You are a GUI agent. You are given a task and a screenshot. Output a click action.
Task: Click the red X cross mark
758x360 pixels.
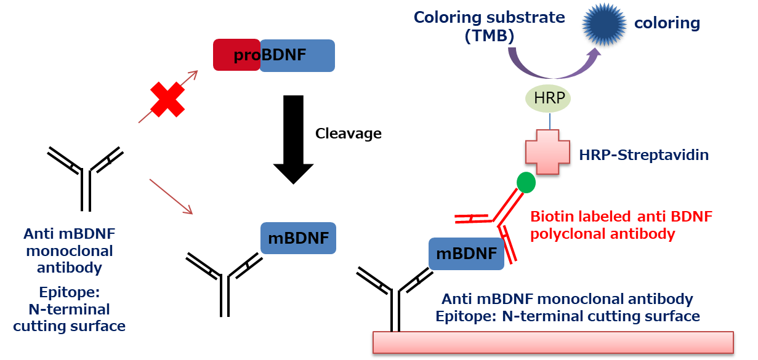pos(167,100)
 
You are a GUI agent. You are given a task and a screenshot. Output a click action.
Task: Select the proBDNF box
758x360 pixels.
pos(273,55)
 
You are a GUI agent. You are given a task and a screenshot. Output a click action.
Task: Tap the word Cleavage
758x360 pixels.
pos(348,134)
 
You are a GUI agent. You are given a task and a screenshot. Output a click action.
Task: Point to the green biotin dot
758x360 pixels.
pos(526,182)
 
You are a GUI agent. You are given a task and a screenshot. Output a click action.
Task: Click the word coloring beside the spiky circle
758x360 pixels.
pos(667,24)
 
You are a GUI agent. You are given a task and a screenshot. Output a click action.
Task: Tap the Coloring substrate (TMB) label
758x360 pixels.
pos(489,26)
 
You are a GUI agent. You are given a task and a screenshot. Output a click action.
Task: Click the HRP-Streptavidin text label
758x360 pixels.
pos(643,154)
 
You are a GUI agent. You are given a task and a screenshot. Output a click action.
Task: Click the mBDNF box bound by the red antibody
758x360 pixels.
pos(466,254)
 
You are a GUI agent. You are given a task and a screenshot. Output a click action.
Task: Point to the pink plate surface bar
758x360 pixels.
pos(552,343)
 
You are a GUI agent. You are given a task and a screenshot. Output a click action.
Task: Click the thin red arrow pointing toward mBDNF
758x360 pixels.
pos(171,196)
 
